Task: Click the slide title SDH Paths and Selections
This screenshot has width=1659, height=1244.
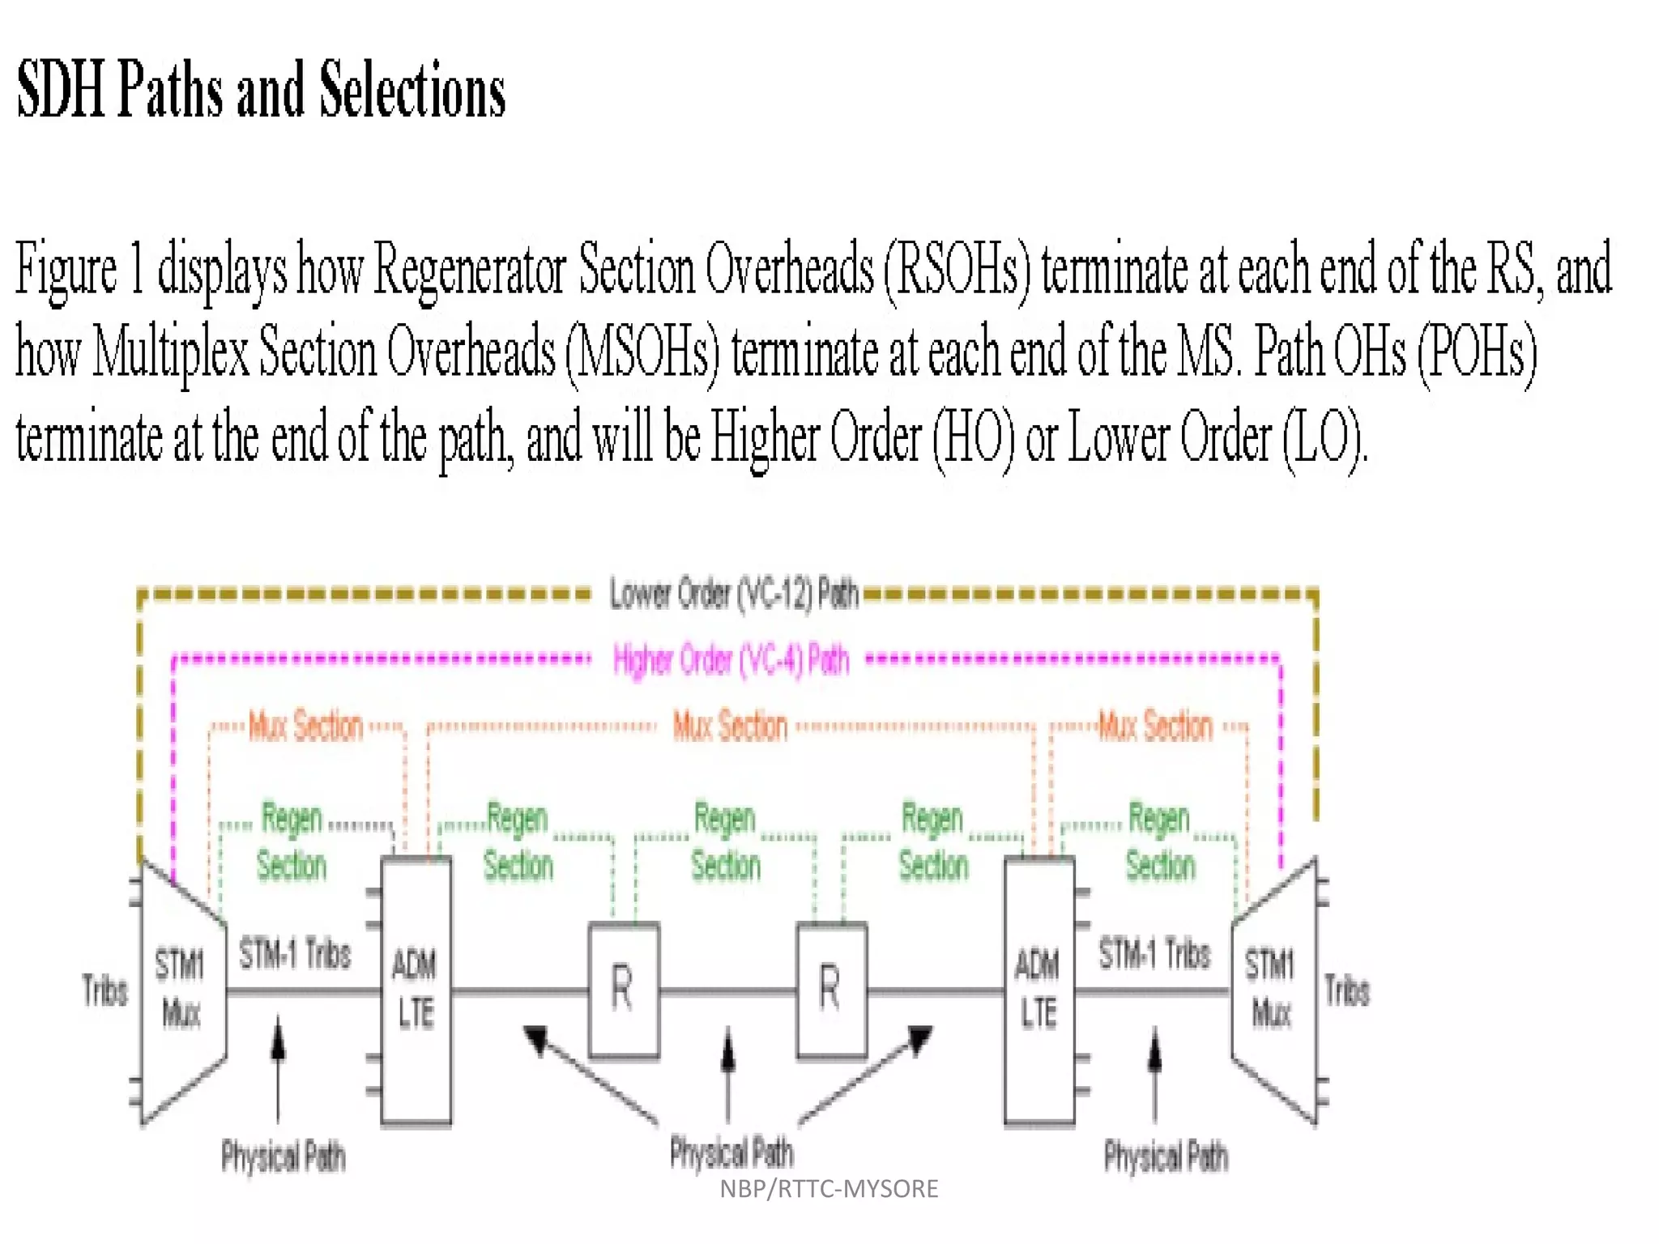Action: click(261, 90)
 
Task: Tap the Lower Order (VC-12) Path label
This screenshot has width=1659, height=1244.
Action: click(733, 594)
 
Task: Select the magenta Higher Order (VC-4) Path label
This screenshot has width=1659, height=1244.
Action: click(731, 660)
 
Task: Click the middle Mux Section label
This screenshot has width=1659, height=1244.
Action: click(730, 726)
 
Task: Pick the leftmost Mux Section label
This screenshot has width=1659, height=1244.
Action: click(305, 726)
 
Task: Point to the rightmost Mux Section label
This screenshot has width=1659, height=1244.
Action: click(1155, 726)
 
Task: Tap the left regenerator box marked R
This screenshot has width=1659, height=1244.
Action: click(623, 989)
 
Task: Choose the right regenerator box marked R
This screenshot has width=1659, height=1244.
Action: click(831, 989)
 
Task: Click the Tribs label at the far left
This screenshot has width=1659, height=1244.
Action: click(105, 990)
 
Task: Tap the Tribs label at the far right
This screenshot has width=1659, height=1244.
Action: click(1346, 990)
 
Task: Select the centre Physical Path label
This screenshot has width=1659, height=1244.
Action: click(731, 1152)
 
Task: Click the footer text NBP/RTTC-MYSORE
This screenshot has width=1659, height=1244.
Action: click(829, 1189)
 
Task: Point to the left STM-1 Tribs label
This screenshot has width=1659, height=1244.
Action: click(295, 954)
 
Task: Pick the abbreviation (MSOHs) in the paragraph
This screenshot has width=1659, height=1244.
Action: click(642, 354)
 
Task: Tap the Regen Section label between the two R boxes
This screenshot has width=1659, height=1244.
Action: click(725, 842)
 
